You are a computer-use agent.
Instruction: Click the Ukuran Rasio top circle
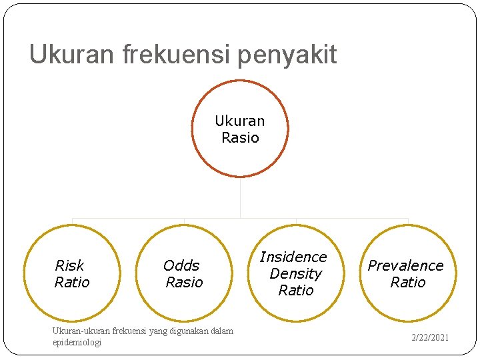tap(240, 129)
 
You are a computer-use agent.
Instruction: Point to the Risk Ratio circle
tap(72, 273)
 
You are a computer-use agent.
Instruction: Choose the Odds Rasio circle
tap(183, 273)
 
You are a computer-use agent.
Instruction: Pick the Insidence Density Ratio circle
tap(295, 273)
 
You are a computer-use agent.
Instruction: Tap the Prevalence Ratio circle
tap(407, 273)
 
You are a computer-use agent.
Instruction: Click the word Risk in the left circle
tap(69, 265)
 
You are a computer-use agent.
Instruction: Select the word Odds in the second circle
tap(181, 265)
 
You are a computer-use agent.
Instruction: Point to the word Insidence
tap(293, 257)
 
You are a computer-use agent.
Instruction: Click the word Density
tap(295, 273)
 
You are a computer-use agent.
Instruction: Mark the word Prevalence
tap(405, 265)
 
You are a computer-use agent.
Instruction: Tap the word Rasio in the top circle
tap(240, 137)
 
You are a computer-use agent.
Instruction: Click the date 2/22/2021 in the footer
tap(430, 337)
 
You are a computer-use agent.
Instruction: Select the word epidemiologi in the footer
tap(77, 342)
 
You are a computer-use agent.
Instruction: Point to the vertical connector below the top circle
tap(240, 197)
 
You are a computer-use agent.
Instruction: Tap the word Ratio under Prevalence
tap(407, 282)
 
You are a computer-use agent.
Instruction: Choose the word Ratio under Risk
tap(72, 282)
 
